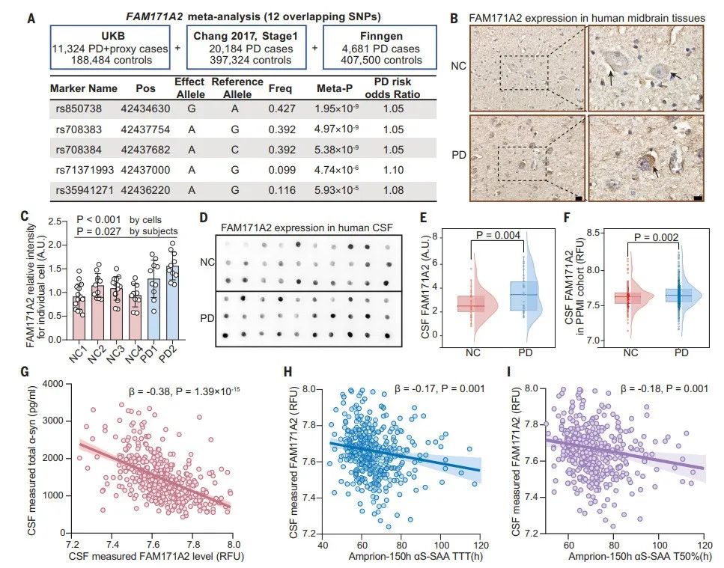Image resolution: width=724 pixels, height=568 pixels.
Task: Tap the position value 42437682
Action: click(146, 150)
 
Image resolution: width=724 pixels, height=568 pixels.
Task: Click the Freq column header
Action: click(279, 88)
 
